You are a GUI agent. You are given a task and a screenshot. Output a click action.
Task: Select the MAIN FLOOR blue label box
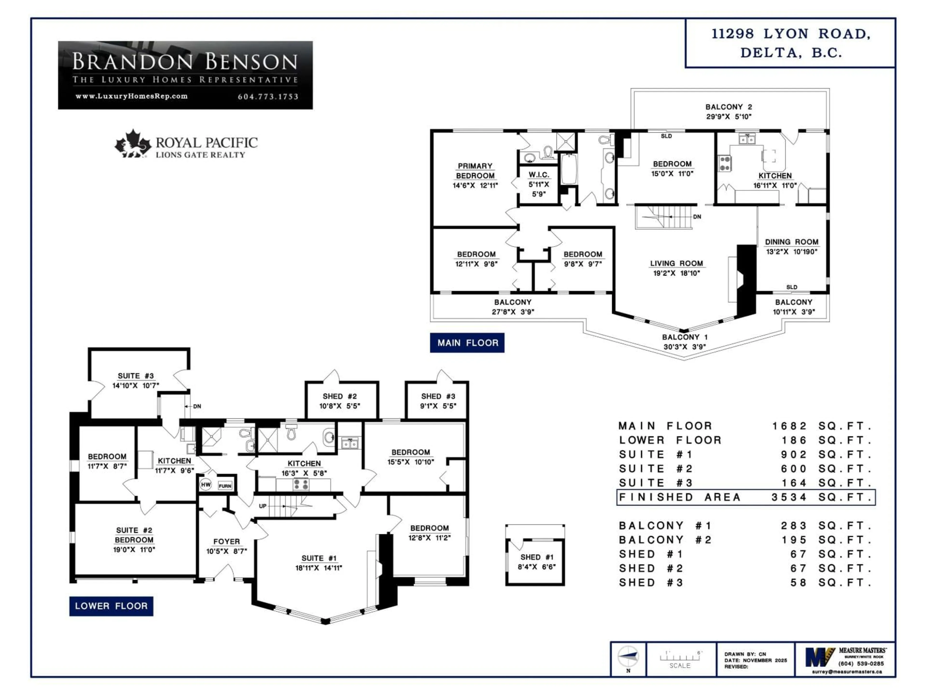pyautogui.click(x=467, y=343)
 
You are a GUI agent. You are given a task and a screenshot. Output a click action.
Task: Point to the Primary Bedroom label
pyautogui.click(x=475, y=171)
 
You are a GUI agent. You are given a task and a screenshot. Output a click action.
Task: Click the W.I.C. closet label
pyautogui.click(x=539, y=175)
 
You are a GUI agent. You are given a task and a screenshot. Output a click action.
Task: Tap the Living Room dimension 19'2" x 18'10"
pyautogui.click(x=676, y=273)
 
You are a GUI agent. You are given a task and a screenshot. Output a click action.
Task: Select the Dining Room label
pyautogui.click(x=791, y=242)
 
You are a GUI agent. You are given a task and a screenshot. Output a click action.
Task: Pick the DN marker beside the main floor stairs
pyautogui.click(x=697, y=217)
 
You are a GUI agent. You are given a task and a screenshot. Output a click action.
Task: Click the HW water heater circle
pyautogui.click(x=205, y=485)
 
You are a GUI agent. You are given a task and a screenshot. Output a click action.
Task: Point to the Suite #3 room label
pyautogui.click(x=135, y=376)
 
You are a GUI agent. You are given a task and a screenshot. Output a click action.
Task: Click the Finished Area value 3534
pyautogui.click(x=789, y=497)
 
